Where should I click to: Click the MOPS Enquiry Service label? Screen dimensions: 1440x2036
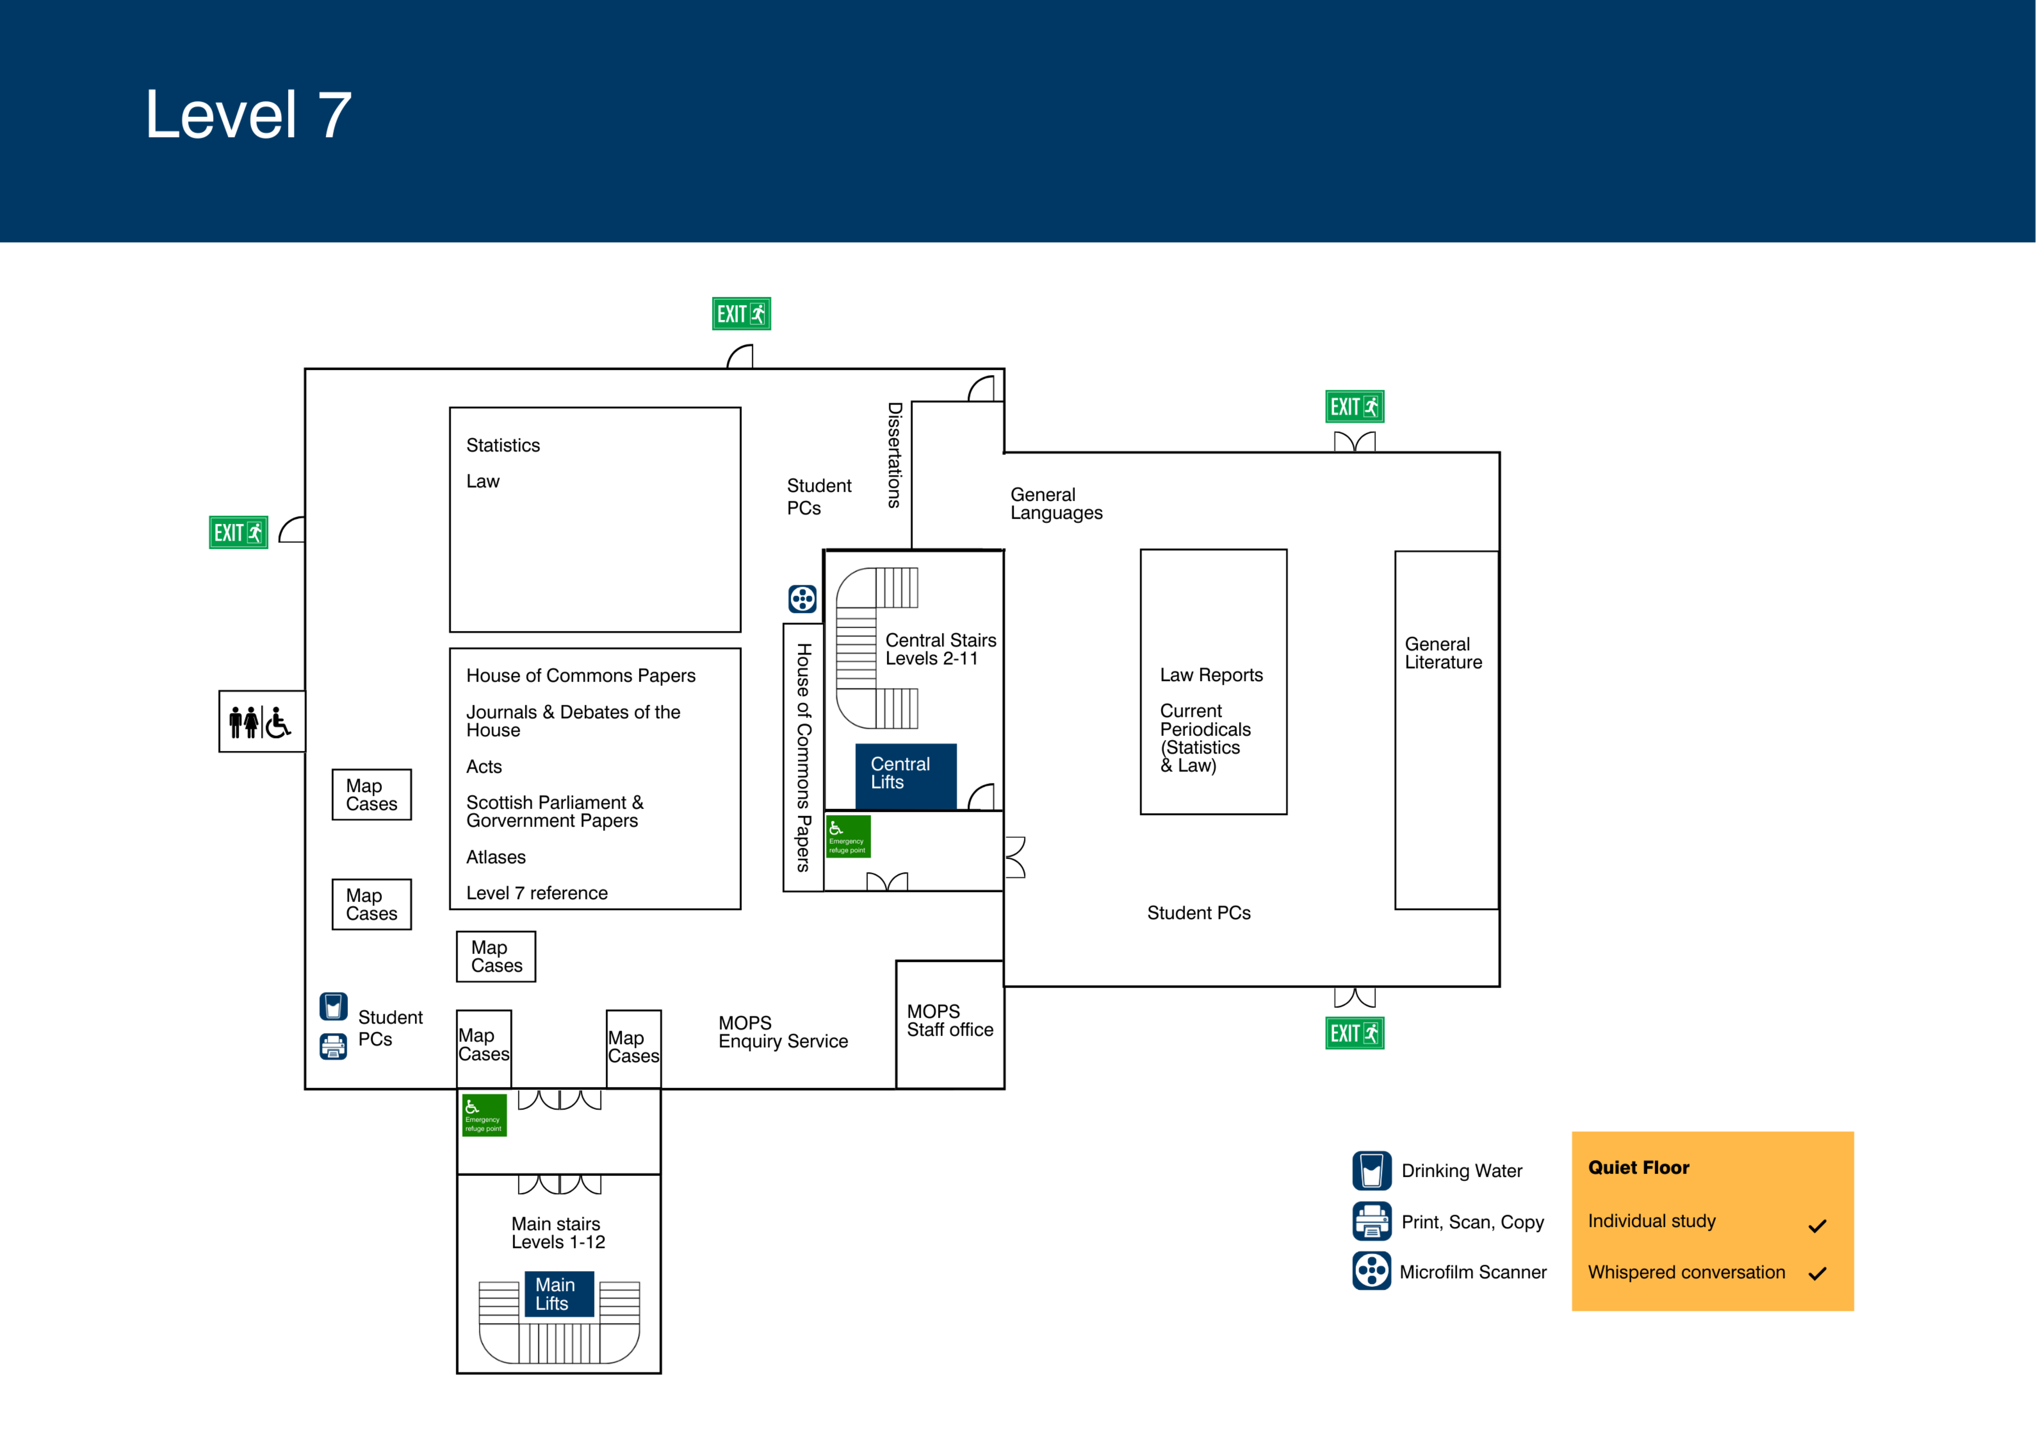(782, 1032)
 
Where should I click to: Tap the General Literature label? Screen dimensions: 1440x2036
(1443, 654)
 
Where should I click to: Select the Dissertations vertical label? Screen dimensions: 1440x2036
(895, 455)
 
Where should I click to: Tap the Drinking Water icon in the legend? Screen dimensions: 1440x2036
(1371, 1170)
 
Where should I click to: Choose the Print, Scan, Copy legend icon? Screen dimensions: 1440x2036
(1371, 1221)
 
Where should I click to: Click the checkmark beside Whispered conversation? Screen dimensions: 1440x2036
(1817, 1273)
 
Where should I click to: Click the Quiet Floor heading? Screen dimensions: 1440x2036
(1638, 1168)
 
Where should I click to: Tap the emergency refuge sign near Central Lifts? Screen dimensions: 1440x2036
(848, 836)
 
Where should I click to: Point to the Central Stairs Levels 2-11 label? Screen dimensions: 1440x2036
(940, 649)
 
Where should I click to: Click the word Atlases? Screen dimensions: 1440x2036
(496, 858)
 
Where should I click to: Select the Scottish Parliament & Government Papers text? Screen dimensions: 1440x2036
(554, 811)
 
